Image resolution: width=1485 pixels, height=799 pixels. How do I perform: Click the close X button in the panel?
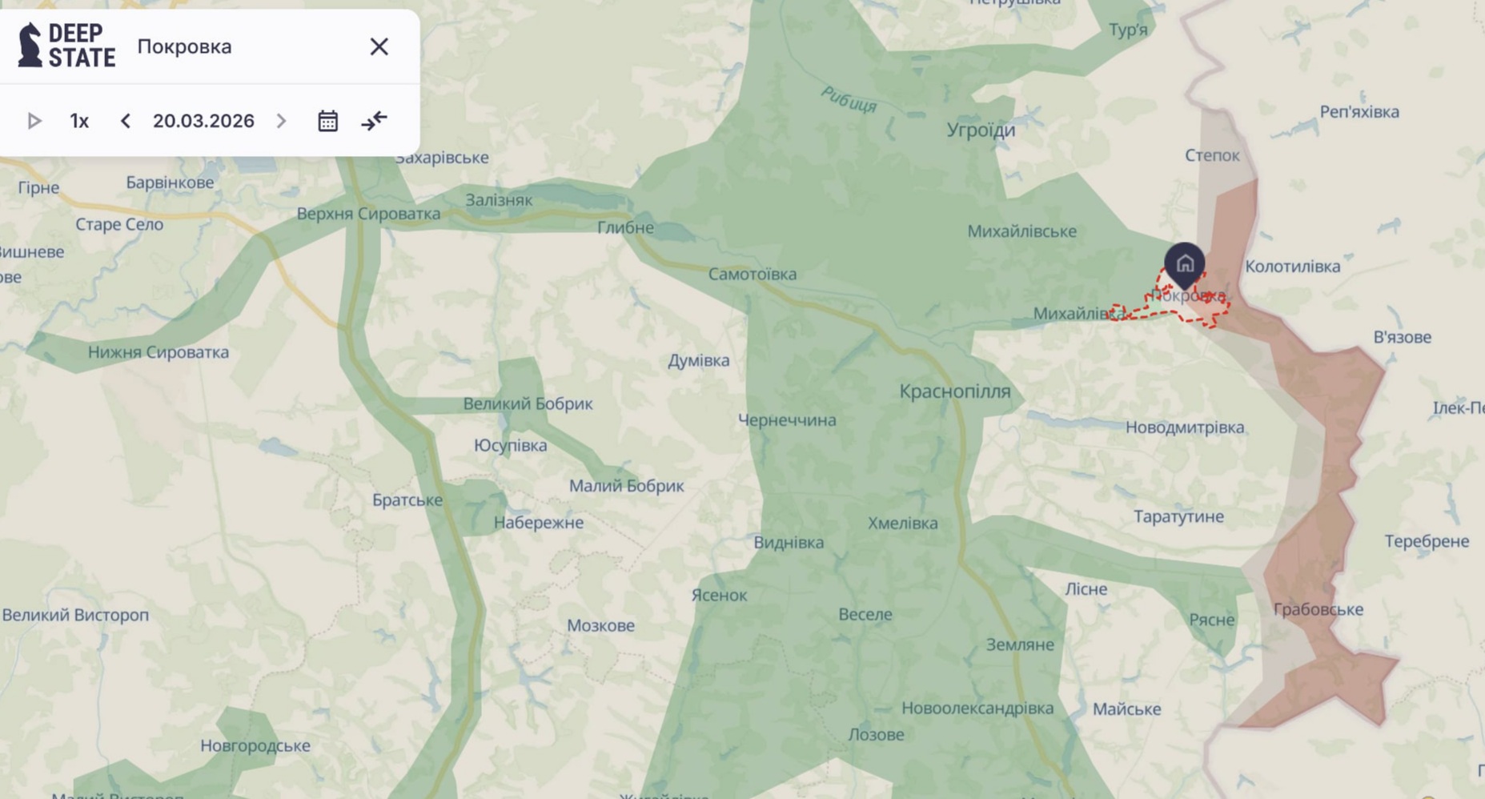[379, 46]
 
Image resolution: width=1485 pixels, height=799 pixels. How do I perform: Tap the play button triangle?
[34, 121]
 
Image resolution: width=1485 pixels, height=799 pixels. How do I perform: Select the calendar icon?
[327, 121]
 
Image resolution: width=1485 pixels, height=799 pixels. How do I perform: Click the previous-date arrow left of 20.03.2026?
[126, 121]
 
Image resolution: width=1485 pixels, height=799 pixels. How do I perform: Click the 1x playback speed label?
[79, 121]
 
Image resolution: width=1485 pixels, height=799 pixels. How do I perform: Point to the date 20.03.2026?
[203, 121]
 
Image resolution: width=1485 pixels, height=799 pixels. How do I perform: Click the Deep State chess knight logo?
[30, 45]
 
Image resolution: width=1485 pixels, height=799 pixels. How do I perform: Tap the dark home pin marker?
[1185, 263]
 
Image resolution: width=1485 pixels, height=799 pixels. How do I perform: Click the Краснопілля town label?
[954, 391]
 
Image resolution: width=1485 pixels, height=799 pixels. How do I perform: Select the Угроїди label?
[981, 130]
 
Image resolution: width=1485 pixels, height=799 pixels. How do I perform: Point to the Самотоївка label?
[752, 275]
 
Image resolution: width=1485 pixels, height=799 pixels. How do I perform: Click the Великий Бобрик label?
[528, 404]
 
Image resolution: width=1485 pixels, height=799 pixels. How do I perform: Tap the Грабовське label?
[1318, 609]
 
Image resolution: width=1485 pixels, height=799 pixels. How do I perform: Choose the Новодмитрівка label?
[1185, 428]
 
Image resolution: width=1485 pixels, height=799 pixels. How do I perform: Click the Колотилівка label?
[1292, 267]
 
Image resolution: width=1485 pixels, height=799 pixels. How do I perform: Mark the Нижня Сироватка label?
[158, 352]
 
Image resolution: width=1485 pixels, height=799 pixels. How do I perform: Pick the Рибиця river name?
[849, 99]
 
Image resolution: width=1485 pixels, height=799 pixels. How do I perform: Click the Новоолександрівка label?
[977, 709]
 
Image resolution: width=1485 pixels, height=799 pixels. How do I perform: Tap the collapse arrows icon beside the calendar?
[374, 121]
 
